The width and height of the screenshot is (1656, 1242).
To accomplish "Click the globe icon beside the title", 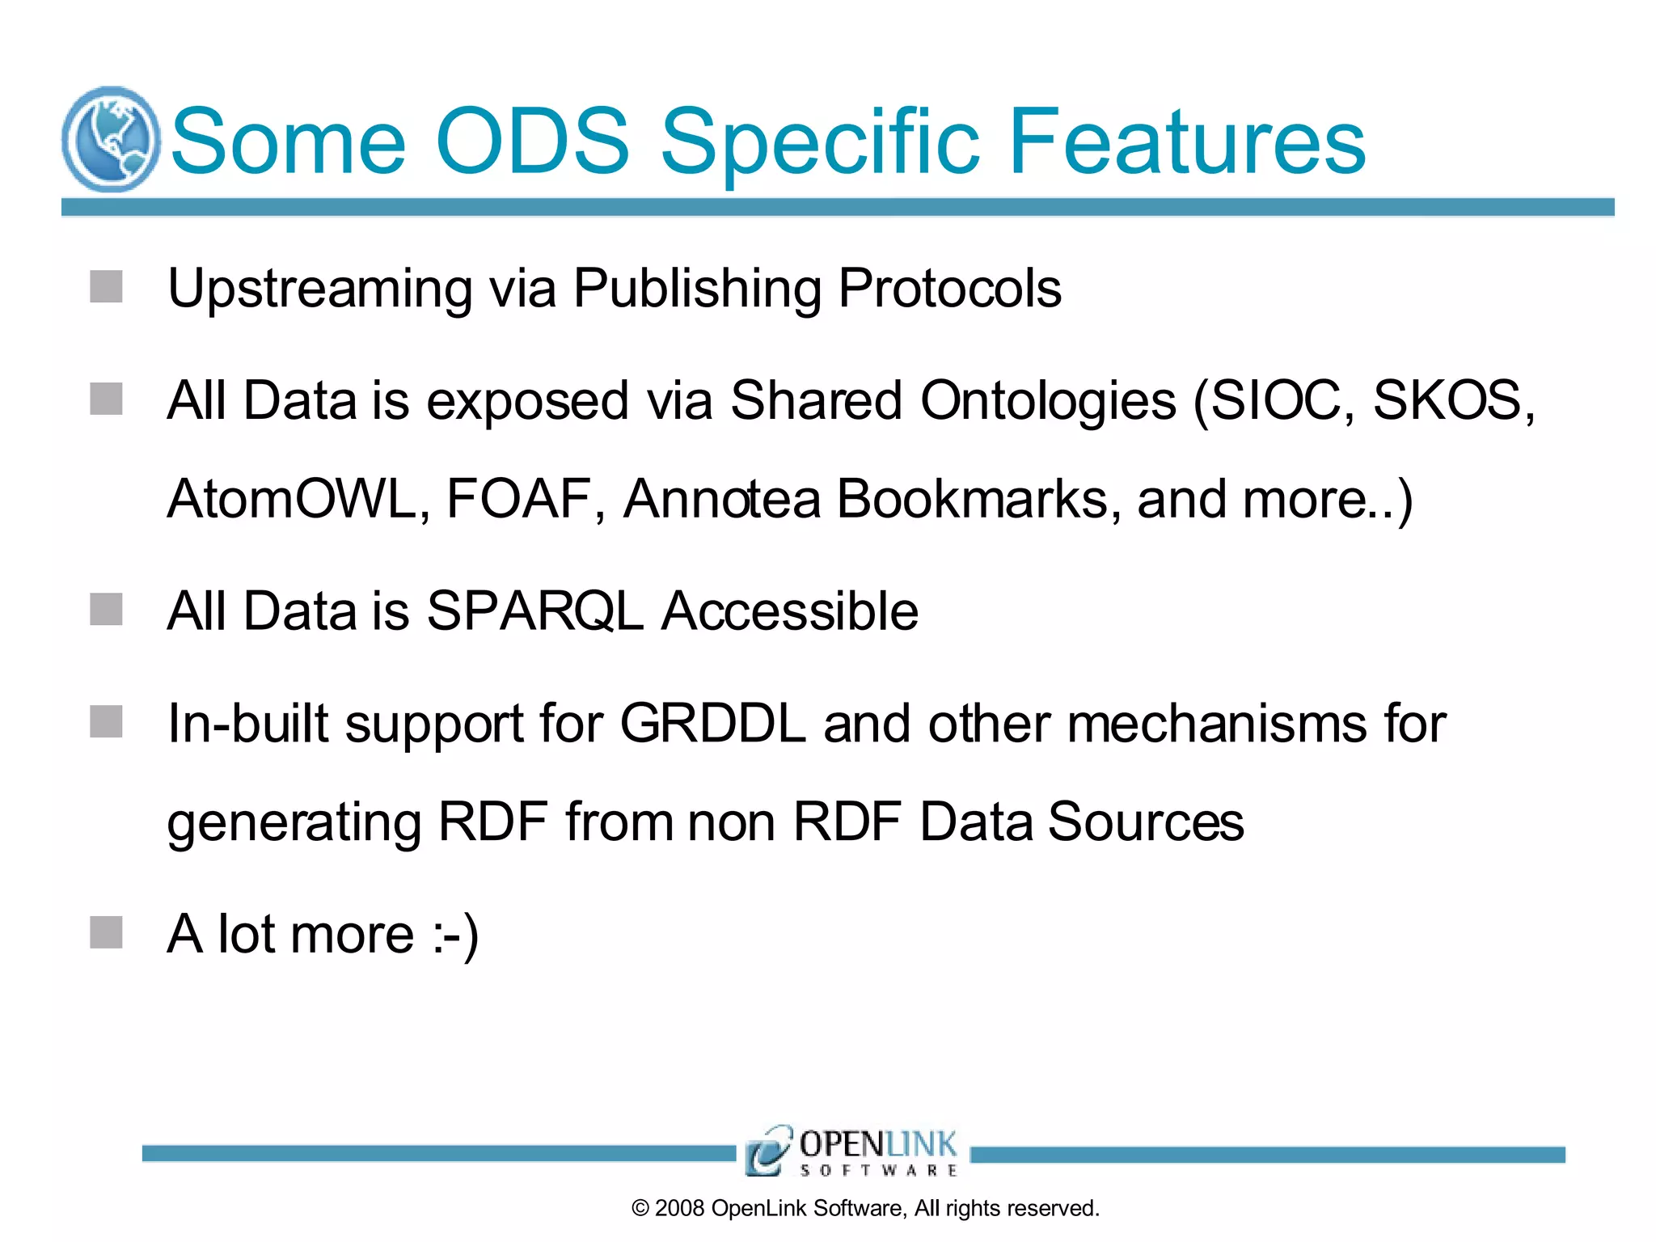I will tap(111, 139).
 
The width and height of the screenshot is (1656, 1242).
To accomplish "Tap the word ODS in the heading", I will tap(531, 142).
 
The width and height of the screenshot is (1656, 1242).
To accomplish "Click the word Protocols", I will tap(949, 288).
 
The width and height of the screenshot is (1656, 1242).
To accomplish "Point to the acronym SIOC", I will tap(1282, 400).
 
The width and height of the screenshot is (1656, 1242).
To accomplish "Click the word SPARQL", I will tap(534, 611).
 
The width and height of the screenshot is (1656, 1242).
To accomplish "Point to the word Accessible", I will tap(790, 611).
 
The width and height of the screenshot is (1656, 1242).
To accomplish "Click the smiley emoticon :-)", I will tap(456, 935).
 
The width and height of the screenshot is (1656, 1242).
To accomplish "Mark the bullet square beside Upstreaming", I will tap(106, 287).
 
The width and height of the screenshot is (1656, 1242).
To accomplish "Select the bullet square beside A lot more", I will tap(106, 932).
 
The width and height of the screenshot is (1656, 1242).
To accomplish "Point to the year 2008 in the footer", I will tap(679, 1208).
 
